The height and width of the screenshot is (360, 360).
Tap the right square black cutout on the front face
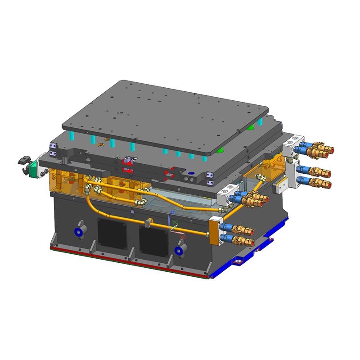click(x=153, y=238)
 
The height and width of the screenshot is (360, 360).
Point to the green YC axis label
click(x=175, y=222)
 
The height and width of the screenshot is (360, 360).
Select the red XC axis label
click(x=183, y=237)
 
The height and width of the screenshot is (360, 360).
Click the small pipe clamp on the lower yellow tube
click(x=148, y=222)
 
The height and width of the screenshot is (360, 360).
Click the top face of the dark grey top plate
click(x=166, y=108)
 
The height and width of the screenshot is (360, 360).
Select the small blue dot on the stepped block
click(x=189, y=173)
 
